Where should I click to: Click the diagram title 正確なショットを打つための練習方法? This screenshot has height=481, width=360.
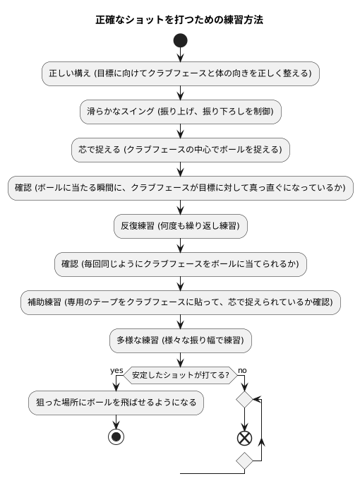click(x=179, y=20)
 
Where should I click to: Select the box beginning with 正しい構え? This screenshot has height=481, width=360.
click(x=181, y=73)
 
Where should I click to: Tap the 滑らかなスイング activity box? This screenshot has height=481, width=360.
click(x=181, y=111)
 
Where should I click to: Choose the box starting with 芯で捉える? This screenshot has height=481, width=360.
click(x=181, y=149)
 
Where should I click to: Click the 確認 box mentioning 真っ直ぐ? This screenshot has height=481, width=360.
click(x=181, y=188)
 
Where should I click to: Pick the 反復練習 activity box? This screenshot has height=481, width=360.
click(x=181, y=226)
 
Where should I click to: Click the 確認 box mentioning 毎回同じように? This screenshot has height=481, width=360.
click(x=181, y=264)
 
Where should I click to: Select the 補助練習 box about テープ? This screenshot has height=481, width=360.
click(x=181, y=302)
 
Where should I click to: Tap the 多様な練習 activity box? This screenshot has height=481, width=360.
click(x=181, y=340)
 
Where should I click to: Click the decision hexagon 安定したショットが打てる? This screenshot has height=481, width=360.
click(x=181, y=375)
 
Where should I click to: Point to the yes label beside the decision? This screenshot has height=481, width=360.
click(x=116, y=370)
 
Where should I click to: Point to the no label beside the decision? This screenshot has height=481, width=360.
click(x=242, y=370)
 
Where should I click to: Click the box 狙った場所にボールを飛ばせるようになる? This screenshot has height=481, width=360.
click(x=116, y=403)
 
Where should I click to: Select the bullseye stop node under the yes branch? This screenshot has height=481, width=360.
click(x=116, y=437)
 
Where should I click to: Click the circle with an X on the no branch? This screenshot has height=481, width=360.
click(x=244, y=437)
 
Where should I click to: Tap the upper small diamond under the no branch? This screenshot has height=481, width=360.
click(x=244, y=400)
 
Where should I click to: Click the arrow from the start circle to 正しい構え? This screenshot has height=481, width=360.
click(x=181, y=55)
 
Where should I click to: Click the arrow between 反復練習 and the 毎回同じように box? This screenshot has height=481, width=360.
click(x=181, y=245)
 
